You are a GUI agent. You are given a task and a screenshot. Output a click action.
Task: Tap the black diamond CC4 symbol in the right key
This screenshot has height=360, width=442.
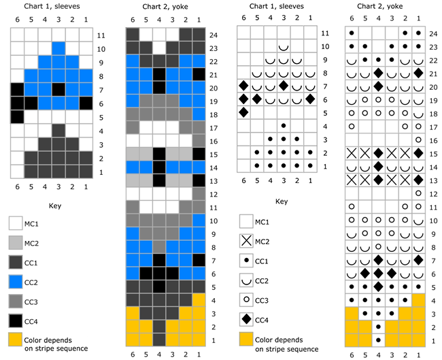pyautogui.click(x=248, y=318)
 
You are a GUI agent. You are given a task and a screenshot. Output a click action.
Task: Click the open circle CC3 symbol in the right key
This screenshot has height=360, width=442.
pyautogui.click(x=248, y=299)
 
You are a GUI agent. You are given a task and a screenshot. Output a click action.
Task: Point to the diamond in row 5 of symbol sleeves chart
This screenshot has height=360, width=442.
pyautogui.click(x=243, y=112)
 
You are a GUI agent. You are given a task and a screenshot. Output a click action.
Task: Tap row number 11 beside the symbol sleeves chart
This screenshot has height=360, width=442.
pyautogui.click(x=325, y=33)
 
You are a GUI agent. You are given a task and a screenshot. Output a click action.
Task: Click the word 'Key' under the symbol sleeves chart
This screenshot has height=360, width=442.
pyautogui.click(x=281, y=201)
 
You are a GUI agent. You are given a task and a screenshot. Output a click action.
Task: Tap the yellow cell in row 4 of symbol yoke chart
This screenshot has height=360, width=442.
pyautogui.click(x=419, y=299)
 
